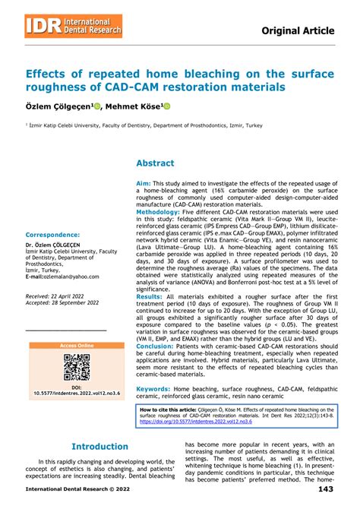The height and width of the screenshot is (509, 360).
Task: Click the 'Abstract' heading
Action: (155, 163)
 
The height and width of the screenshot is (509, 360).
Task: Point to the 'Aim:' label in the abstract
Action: (143, 184)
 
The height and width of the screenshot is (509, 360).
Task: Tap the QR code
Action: (77, 367)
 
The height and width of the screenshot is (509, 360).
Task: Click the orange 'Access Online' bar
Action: (77, 346)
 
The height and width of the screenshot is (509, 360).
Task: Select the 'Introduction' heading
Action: (99, 447)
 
